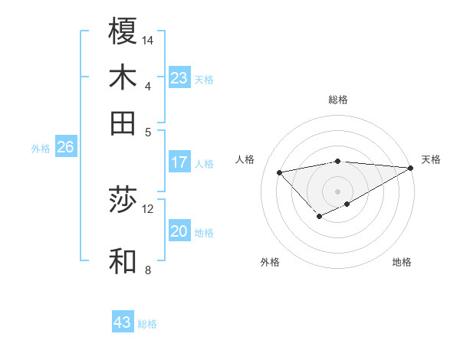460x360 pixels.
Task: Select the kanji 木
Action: (x=123, y=77)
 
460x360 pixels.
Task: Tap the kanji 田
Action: (x=123, y=123)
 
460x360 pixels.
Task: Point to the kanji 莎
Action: (x=123, y=201)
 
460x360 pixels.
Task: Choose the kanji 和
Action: (x=123, y=260)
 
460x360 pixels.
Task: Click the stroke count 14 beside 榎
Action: (x=148, y=40)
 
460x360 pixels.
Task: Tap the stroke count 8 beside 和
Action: (x=148, y=269)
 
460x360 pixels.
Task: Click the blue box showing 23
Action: (x=179, y=78)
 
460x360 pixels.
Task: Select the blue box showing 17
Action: (x=179, y=162)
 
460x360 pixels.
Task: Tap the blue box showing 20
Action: (x=179, y=232)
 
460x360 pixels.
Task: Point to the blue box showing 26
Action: (x=65, y=148)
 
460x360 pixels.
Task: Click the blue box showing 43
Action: (x=123, y=322)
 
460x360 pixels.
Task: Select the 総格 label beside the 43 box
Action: (x=148, y=324)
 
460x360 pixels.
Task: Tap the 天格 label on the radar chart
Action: (x=431, y=159)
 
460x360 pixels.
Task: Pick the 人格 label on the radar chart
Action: (x=245, y=159)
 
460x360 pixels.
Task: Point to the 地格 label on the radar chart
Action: (x=402, y=263)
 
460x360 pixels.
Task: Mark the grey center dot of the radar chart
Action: (x=337, y=191)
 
